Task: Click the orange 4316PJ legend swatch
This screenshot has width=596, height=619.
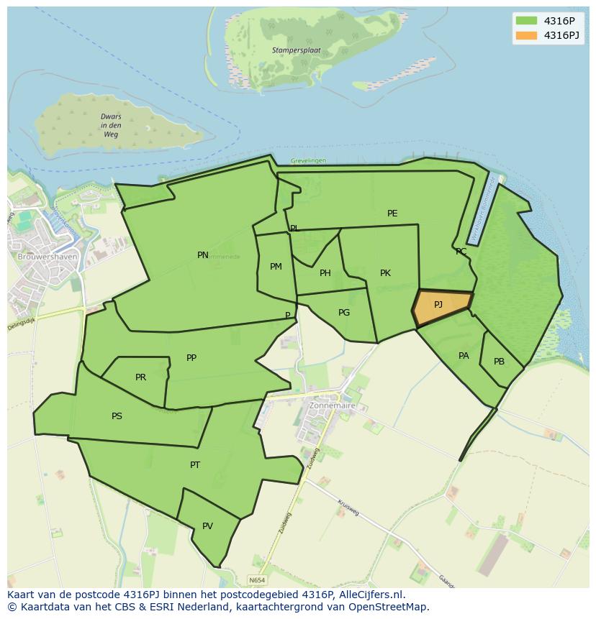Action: [x=526, y=35]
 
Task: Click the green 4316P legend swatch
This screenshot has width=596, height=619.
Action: [x=526, y=21]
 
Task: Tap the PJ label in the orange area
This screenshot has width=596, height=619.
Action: [x=438, y=304]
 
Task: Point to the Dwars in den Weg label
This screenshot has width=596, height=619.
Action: [x=111, y=126]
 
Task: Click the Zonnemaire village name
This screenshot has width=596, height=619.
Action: [x=332, y=405]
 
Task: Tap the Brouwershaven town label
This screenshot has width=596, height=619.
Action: [x=48, y=257]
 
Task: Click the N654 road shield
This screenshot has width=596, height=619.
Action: [x=257, y=579]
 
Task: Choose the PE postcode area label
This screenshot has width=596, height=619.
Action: [x=392, y=214]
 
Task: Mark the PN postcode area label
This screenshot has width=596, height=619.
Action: [x=203, y=255]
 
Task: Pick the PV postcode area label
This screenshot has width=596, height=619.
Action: [x=207, y=526]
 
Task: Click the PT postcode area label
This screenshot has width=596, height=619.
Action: [x=195, y=465]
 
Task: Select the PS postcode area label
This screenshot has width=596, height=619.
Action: [x=117, y=416]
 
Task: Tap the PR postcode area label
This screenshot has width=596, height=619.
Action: [x=140, y=377]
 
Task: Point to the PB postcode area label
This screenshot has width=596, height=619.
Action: [x=499, y=362]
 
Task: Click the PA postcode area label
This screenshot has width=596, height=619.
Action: [x=464, y=356]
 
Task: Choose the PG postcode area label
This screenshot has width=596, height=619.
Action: [x=344, y=313]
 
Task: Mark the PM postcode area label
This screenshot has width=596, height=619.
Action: [x=276, y=267]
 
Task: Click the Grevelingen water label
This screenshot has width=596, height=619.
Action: [x=308, y=160]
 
